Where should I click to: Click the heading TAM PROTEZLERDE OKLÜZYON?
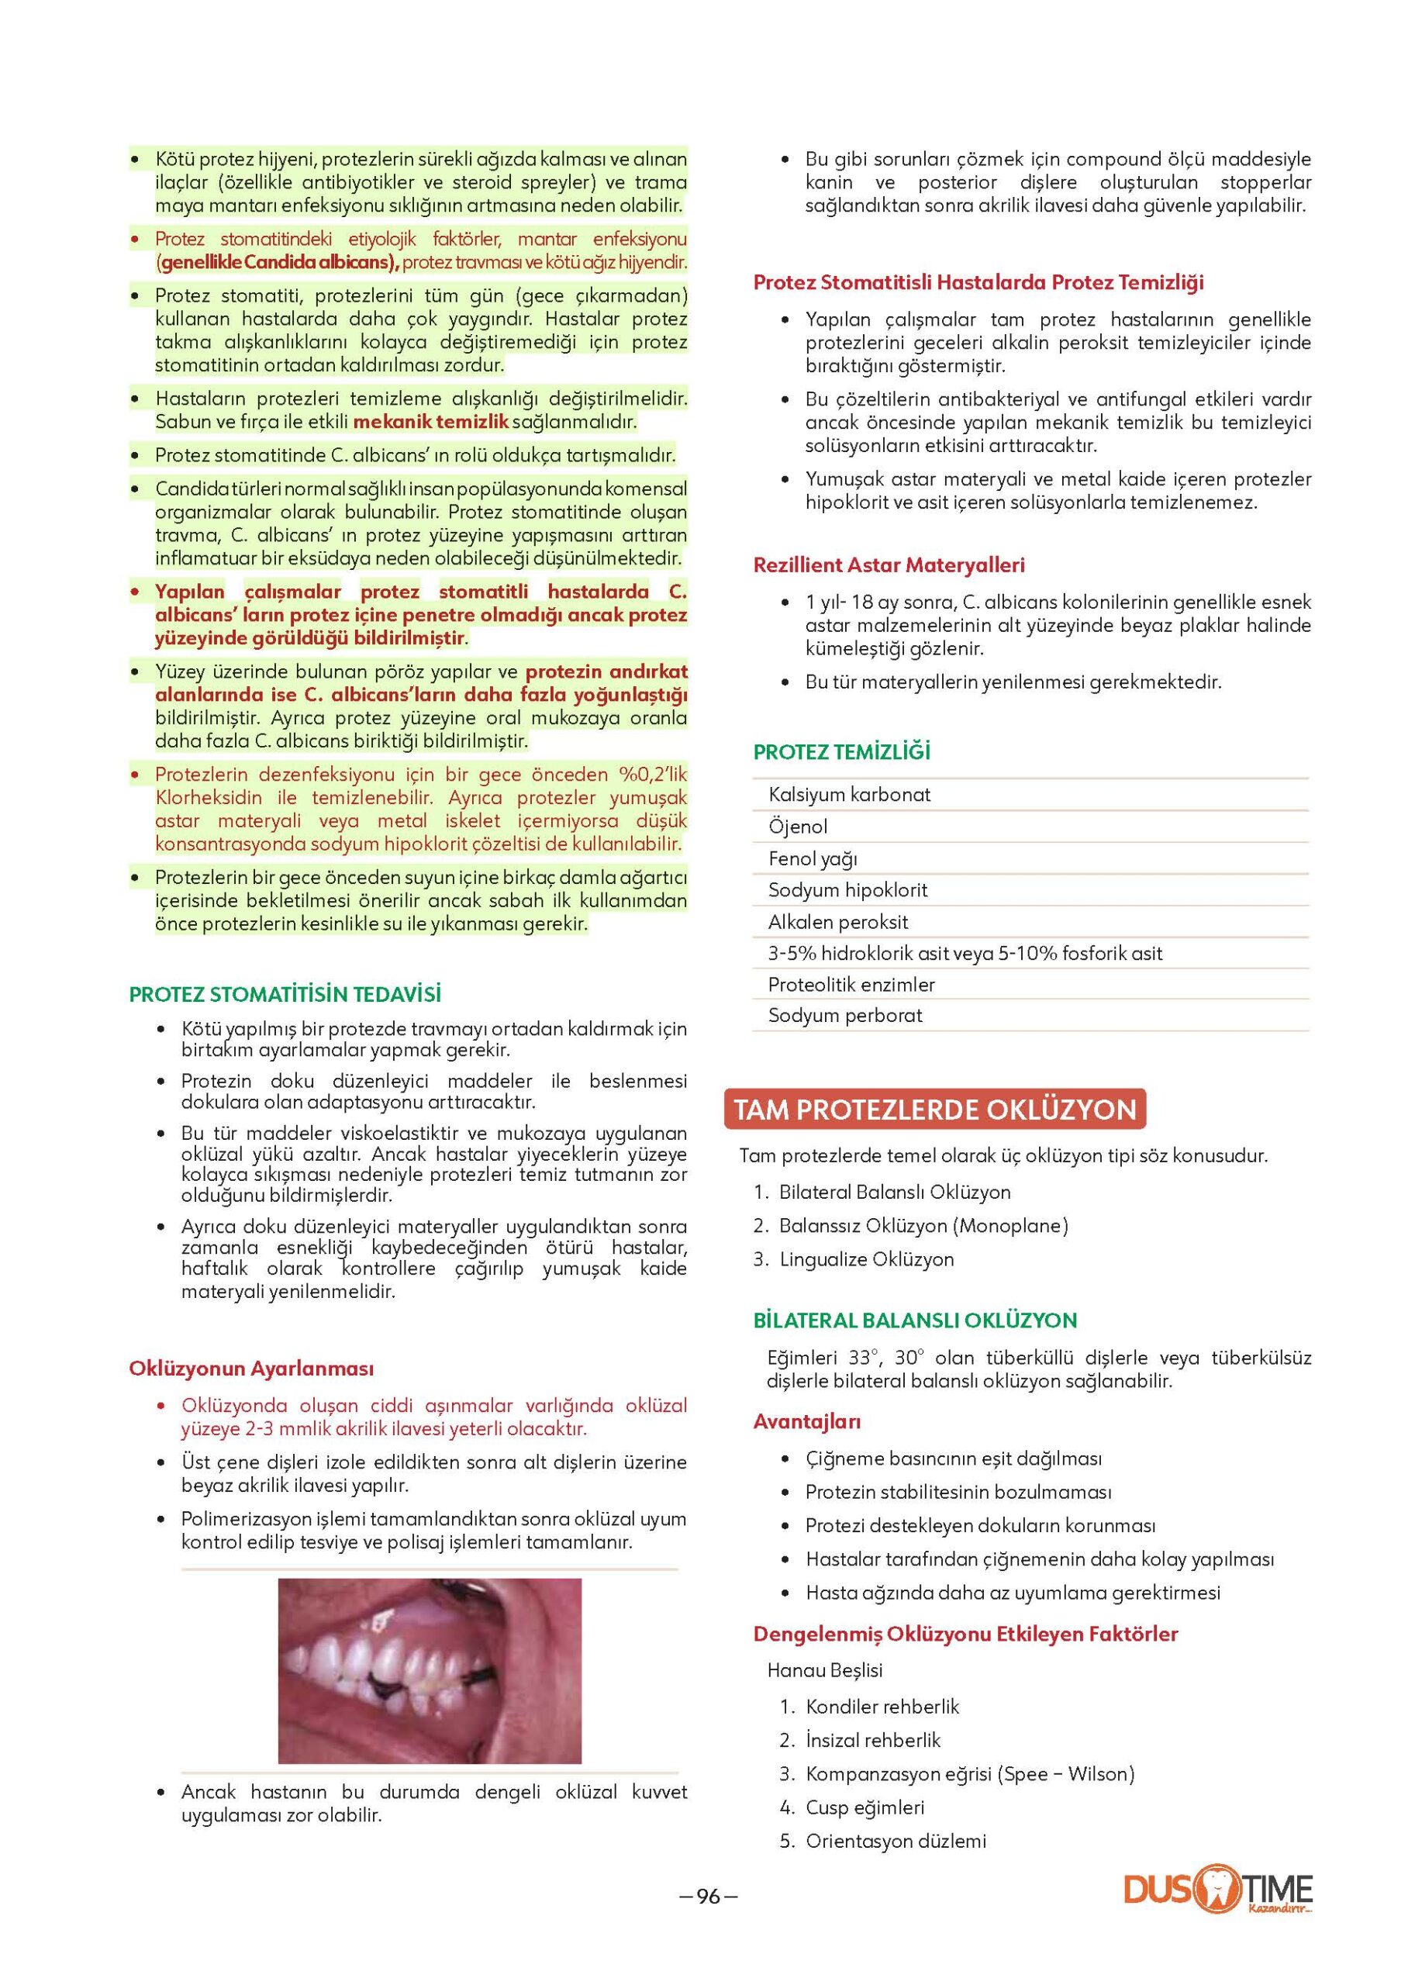point(935,1110)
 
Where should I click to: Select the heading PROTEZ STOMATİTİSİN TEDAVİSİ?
point(285,994)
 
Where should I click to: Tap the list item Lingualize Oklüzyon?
point(866,1259)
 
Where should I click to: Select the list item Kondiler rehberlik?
point(882,1706)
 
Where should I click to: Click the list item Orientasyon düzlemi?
point(896,1842)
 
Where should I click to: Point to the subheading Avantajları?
point(807,1421)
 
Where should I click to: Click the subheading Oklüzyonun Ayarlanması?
point(251,1368)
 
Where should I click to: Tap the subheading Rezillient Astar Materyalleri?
point(889,564)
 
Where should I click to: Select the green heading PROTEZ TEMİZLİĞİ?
point(842,752)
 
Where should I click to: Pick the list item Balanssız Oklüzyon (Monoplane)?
point(923,1226)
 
